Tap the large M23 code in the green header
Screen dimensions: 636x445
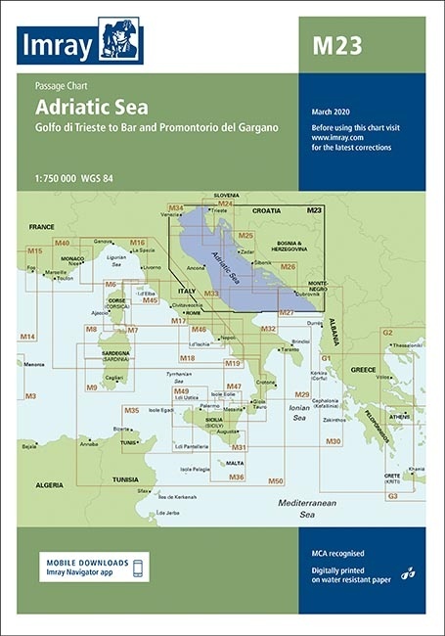334,42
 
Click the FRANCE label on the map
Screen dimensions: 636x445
41,227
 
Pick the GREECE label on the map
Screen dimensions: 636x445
363,370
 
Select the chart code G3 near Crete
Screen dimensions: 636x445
391,496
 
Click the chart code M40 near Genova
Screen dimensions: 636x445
63,242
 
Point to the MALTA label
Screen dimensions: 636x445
235,463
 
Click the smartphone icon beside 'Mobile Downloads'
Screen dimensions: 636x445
138,568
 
